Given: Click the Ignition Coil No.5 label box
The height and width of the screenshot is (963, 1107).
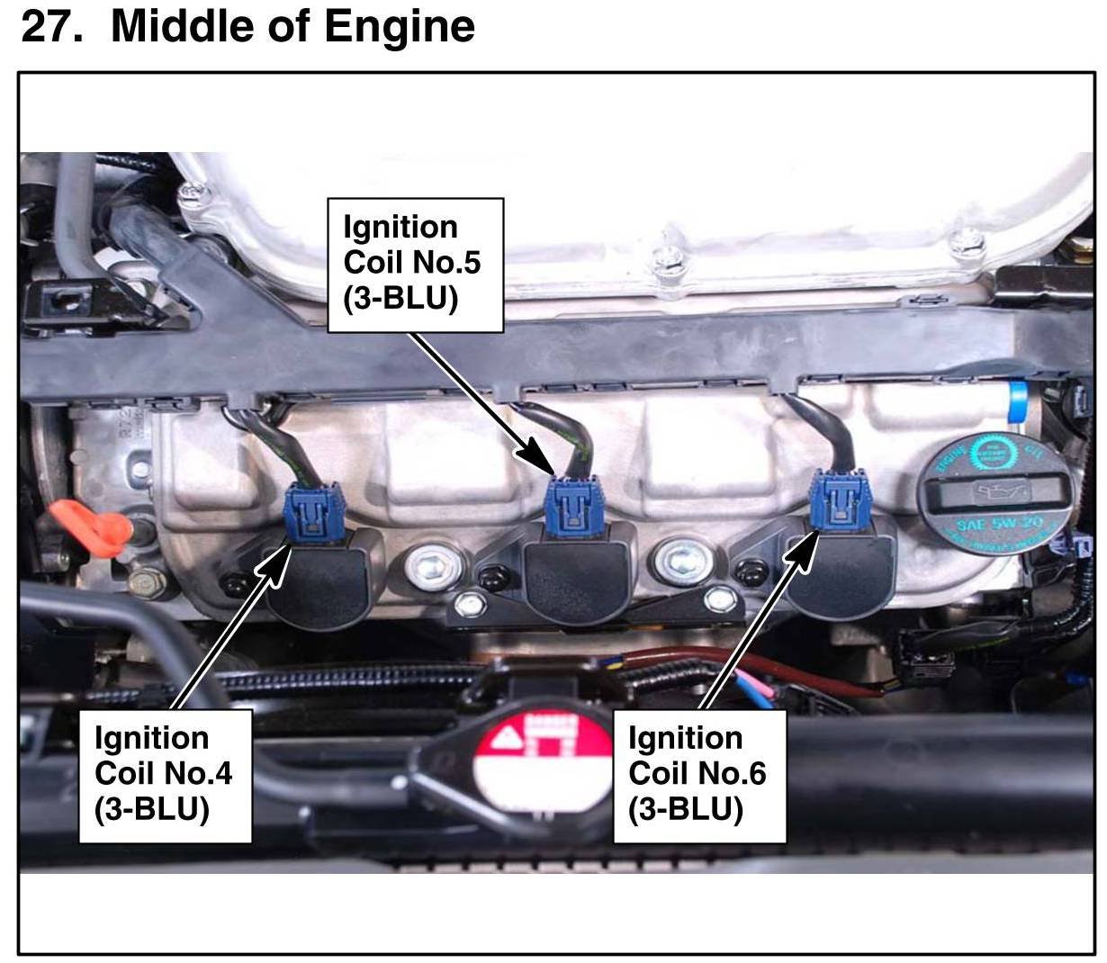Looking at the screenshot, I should (414, 265).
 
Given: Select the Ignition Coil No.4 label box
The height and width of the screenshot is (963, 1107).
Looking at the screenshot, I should (165, 775).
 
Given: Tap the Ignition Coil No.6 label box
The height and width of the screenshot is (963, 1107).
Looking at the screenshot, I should (698, 775).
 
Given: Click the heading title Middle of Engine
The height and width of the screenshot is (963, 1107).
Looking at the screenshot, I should (292, 27).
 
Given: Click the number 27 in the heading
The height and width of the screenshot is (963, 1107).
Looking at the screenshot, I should (49, 27).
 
